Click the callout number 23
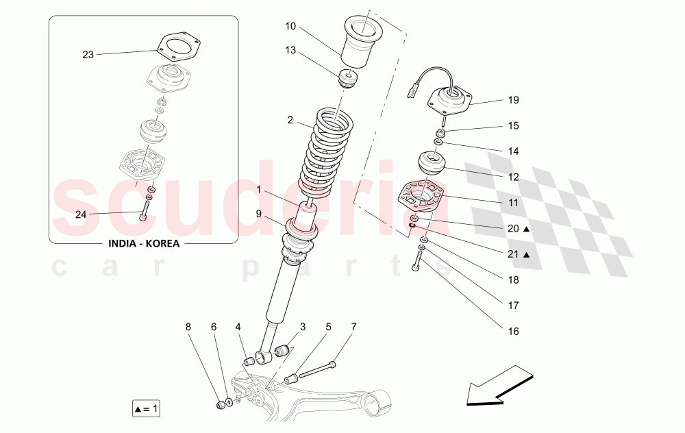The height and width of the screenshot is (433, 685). pyautogui.click(x=88, y=55)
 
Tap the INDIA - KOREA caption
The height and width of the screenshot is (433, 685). pyautogui.click(x=143, y=244)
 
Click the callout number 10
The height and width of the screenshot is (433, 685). pyautogui.click(x=290, y=26)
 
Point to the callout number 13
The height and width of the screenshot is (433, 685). pyautogui.click(x=290, y=49)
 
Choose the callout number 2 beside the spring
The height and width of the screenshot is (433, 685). pyautogui.click(x=290, y=120)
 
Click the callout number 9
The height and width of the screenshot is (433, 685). pyautogui.click(x=259, y=214)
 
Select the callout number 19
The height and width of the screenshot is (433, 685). pyautogui.click(x=513, y=100)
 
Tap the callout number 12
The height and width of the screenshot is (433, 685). pyautogui.click(x=513, y=177)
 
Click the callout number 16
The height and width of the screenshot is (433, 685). pyautogui.click(x=513, y=331)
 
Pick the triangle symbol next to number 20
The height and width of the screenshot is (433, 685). pyautogui.click(x=526, y=229)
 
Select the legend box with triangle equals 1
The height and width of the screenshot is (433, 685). pyautogui.click(x=146, y=410)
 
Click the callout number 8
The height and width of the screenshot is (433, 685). pyautogui.click(x=188, y=327)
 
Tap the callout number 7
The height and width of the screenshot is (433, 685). pyautogui.click(x=353, y=327)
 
